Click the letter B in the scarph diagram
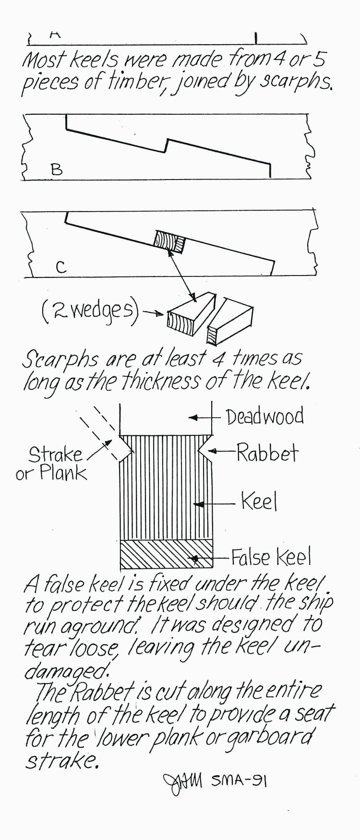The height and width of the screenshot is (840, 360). (57, 169)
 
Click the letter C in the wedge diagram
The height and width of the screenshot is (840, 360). (60, 267)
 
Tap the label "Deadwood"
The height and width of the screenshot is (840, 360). (265, 417)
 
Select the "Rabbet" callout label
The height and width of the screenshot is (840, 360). (267, 453)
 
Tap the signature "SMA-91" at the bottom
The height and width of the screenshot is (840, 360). (239, 781)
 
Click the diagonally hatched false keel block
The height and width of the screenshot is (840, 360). (166, 553)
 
